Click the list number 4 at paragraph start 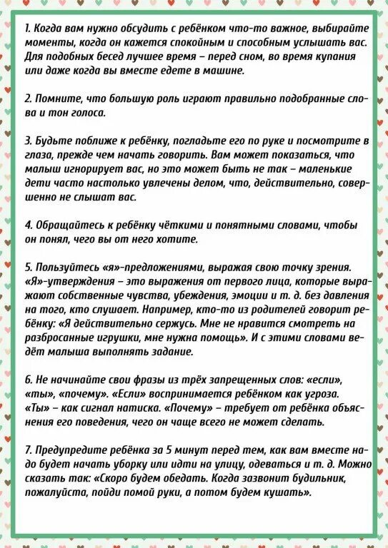(x=27, y=224)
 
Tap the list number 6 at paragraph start (x=27, y=378)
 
